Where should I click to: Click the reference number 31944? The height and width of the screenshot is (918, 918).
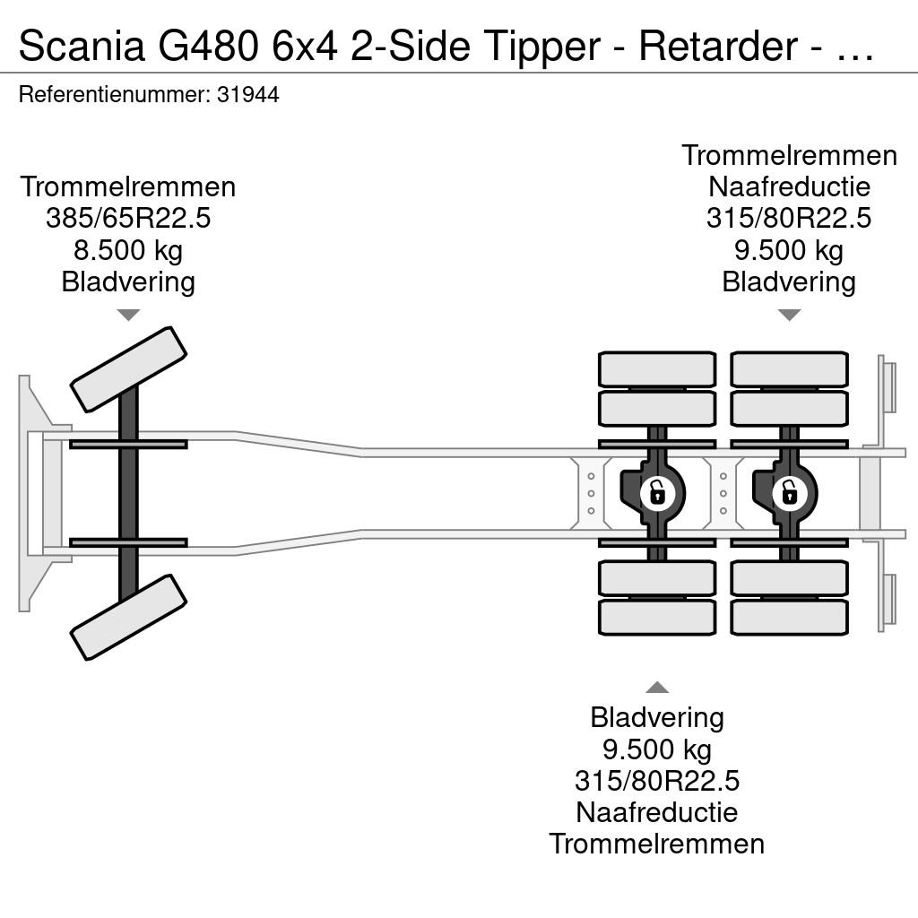pos(248,95)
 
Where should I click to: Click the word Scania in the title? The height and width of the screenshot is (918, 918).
pos(82,46)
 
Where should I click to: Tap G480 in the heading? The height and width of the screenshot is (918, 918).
pos(208,46)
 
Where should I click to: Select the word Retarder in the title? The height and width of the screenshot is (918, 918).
pos(718,46)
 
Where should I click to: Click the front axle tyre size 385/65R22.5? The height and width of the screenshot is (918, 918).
pos(128,219)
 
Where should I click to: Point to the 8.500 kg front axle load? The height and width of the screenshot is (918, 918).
pos(128,251)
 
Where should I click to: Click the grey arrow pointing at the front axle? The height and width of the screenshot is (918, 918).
pos(128,315)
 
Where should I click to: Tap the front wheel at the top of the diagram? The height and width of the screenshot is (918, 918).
pos(128,369)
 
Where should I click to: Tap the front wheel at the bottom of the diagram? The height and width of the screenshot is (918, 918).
pos(128,617)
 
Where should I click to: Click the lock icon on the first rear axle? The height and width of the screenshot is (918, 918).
pos(657,492)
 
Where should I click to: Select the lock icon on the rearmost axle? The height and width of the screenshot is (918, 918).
pos(789,492)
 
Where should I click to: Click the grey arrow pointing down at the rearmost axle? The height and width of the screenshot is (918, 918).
pos(789,315)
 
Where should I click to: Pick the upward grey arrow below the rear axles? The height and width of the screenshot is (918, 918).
pos(657,687)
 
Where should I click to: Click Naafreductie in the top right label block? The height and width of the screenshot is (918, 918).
pos(789,187)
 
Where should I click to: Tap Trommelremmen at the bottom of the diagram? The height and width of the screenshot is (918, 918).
pos(657,844)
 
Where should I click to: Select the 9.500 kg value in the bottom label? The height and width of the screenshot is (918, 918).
pos(657,749)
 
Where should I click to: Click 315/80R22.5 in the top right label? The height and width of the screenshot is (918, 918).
pos(789,219)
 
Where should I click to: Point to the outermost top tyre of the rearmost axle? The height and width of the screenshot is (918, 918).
pos(789,369)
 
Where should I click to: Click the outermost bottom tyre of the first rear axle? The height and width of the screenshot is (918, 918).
pos(657,617)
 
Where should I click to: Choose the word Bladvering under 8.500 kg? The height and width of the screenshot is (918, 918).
pos(128,282)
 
